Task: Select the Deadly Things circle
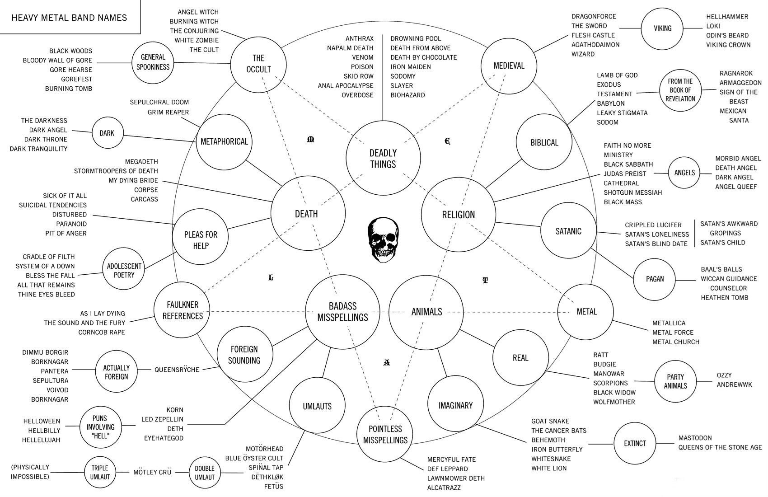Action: [383, 159]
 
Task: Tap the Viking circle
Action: [662, 28]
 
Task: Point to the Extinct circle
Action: [635, 444]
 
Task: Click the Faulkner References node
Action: [183, 310]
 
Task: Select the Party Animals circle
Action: [676, 381]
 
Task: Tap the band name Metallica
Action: [669, 323]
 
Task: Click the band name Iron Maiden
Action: [411, 67]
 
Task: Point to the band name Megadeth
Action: [141, 162]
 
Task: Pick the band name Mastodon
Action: [695, 438]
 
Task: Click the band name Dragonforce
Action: [594, 17]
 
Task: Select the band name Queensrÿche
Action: [177, 370]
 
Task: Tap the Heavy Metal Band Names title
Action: [69, 18]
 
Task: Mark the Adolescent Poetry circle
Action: [124, 271]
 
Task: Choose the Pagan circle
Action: [655, 279]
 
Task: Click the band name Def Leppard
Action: [447, 469]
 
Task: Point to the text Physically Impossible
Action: [30, 472]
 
